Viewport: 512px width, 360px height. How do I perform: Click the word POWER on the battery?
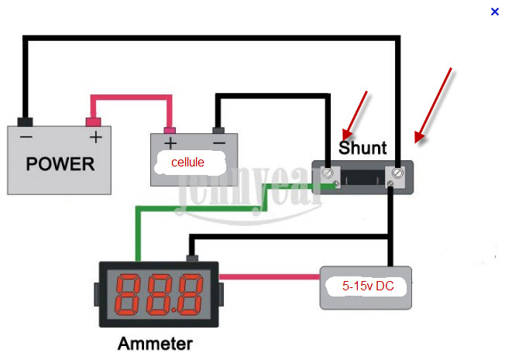(x=60, y=164)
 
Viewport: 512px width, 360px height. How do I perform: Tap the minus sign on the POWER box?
(x=26, y=138)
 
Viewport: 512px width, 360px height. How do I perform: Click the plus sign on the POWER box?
(x=94, y=138)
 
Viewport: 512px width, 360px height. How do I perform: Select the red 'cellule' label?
(x=189, y=163)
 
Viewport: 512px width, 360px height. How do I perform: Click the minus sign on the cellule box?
(x=218, y=143)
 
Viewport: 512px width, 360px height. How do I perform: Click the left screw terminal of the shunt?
(x=328, y=173)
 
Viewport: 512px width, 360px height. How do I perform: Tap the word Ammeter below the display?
(x=155, y=342)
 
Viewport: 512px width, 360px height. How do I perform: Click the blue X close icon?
(x=495, y=12)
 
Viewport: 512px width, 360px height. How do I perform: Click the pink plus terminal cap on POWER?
(x=94, y=122)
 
